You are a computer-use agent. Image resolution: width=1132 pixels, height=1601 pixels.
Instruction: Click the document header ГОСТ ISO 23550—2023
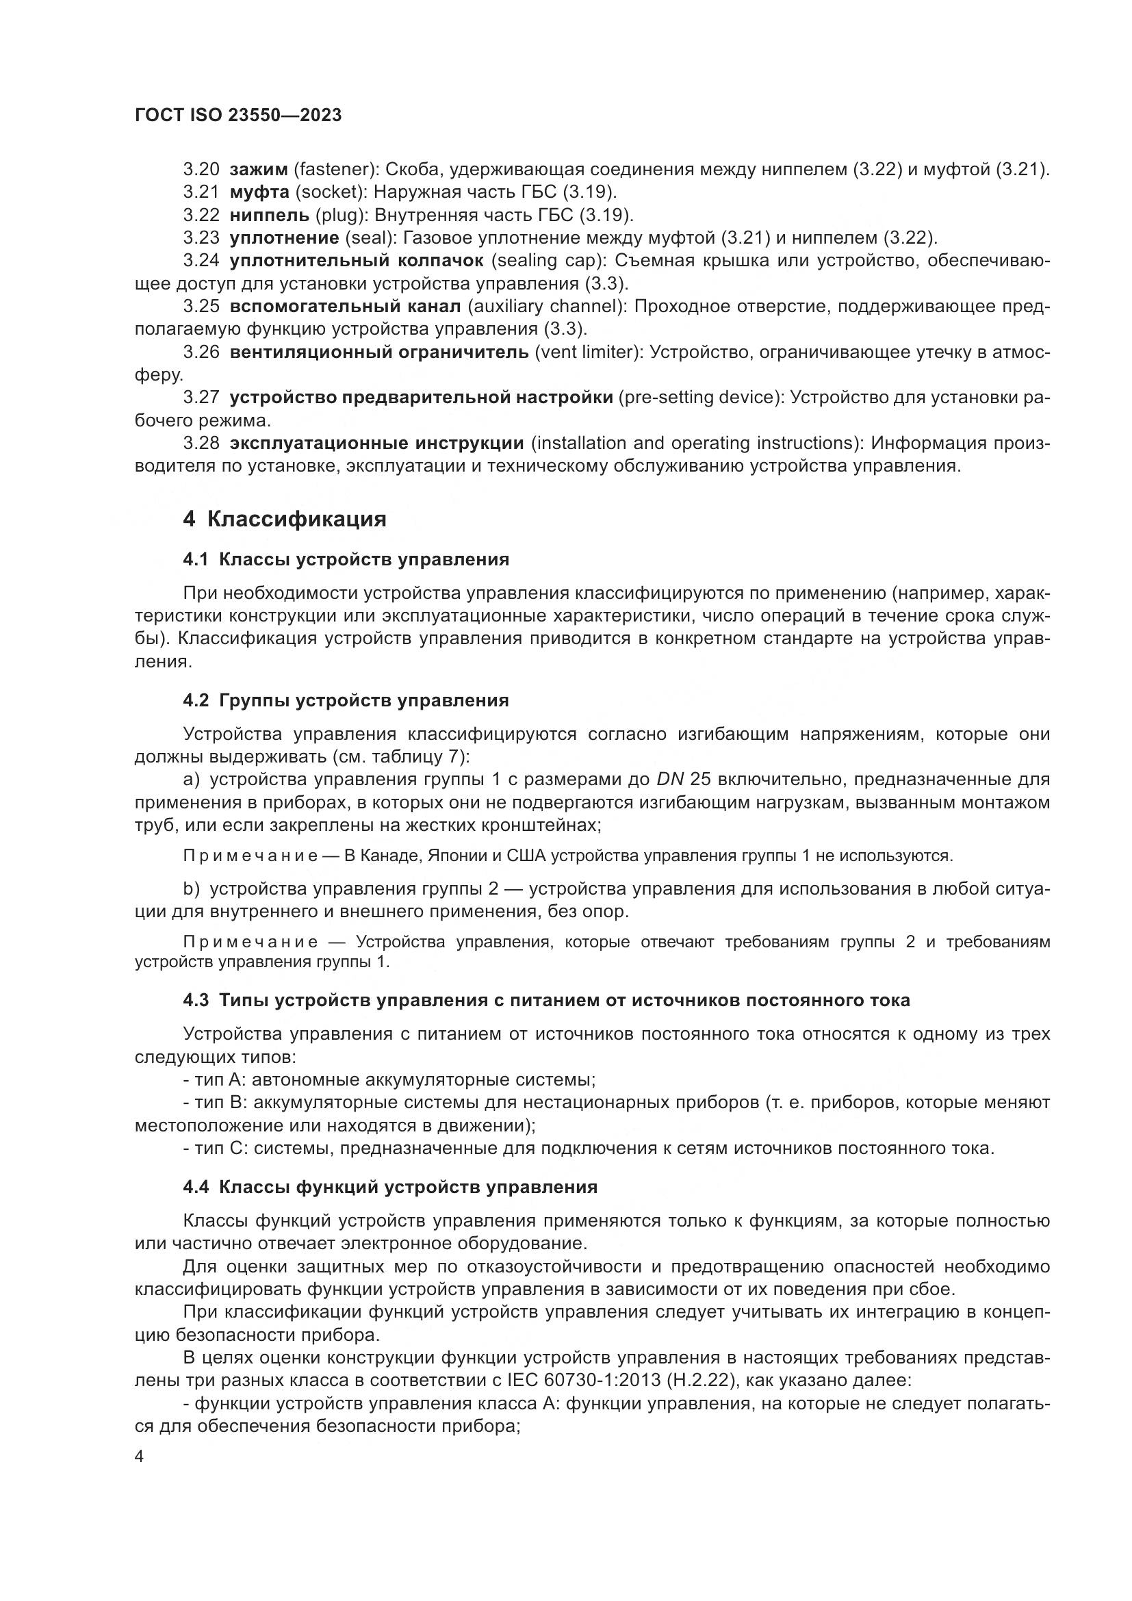click(237, 115)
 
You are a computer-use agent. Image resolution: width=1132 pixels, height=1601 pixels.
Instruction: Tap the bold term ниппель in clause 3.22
click(269, 215)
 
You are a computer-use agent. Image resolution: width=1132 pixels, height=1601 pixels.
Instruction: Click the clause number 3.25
click(201, 306)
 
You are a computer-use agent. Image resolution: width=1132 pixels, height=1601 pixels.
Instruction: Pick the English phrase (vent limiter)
click(588, 352)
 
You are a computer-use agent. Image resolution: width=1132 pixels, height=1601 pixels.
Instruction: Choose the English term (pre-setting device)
click(699, 398)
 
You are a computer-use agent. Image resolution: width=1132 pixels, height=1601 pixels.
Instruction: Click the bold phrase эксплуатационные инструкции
click(376, 444)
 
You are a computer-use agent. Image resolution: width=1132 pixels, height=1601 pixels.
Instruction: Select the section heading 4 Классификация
click(285, 519)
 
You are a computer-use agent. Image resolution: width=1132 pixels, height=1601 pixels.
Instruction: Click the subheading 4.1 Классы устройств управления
click(346, 559)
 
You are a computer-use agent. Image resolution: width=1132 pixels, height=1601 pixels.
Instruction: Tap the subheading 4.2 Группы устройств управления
click(346, 700)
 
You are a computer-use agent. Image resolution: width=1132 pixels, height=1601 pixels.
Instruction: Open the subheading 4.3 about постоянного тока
click(546, 1000)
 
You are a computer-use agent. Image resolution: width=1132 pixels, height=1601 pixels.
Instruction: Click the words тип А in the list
click(217, 1080)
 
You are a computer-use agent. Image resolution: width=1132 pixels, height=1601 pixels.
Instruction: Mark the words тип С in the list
click(217, 1148)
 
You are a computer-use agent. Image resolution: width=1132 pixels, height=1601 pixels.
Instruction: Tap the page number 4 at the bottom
click(140, 1457)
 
